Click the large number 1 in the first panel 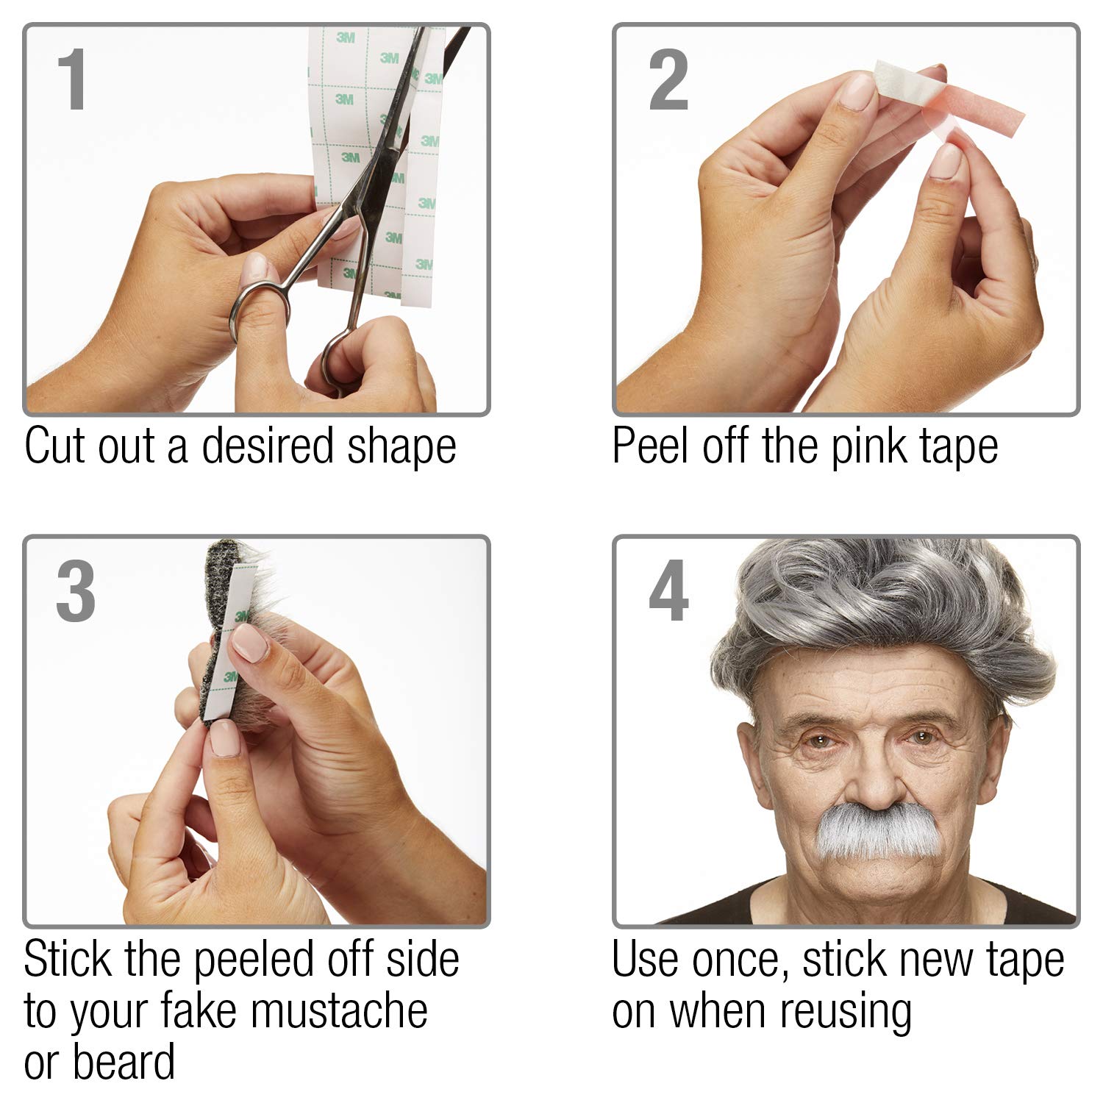[x=74, y=80]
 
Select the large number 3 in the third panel [x=76, y=591]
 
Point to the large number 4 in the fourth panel [x=668, y=591]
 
